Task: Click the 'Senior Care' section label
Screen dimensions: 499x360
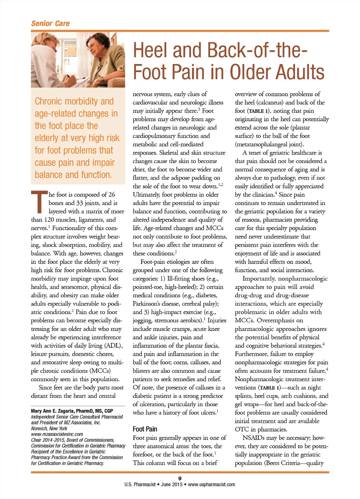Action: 50,24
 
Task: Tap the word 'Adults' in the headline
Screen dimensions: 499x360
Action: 300,72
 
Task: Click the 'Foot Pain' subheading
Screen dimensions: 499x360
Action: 145,429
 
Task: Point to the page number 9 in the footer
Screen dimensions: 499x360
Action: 180,478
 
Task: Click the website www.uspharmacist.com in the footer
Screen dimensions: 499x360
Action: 211,484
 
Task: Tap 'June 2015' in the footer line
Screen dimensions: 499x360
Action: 172,484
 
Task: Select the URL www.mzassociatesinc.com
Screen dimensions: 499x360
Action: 57,434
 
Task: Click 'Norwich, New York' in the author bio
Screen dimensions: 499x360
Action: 49,428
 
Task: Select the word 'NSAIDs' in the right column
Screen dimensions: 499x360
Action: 253,438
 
